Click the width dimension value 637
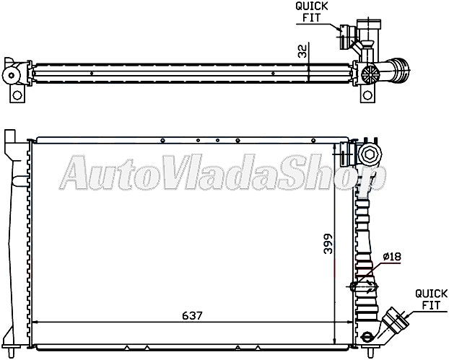(x=193, y=315)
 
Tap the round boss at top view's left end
(x=12, y=74)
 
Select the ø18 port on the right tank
(x=365, y=286)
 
